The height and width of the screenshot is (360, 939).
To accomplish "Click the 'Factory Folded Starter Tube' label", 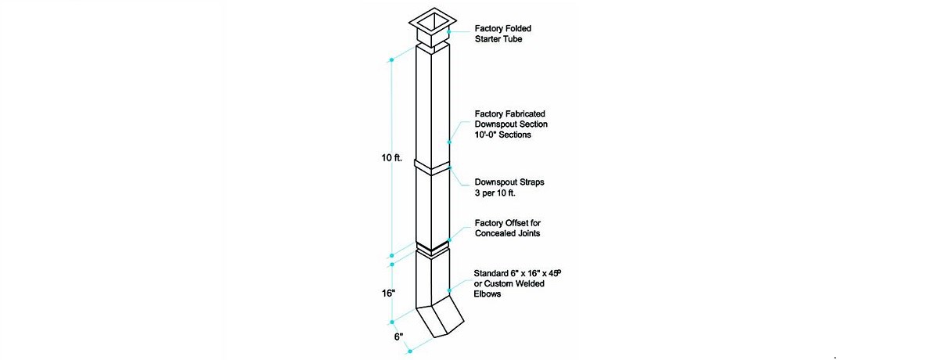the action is click(502, 34).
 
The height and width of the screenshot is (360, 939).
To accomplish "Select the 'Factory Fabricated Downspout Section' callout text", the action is click(511, 119).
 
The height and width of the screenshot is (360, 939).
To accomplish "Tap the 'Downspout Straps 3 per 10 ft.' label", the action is click(509, 187).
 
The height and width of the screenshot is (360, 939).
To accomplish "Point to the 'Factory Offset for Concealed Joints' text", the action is click(508, 228).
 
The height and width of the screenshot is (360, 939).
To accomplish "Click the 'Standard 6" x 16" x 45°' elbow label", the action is click(517, 273).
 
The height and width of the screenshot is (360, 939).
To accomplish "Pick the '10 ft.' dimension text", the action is click(391, 158).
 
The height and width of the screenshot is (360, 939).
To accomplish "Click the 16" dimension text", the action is click(388, 293).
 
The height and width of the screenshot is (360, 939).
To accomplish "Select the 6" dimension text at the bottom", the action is click(398, 337).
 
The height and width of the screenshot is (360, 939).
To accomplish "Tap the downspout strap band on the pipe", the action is click(432, 167).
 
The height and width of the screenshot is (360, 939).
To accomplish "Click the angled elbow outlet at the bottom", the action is click(440, 322).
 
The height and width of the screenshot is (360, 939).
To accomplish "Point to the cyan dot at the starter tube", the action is click(449, 32).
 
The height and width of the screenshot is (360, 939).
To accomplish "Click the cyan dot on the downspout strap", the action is click(450, 167).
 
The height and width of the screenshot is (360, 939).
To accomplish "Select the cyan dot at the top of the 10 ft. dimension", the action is click(391, 60).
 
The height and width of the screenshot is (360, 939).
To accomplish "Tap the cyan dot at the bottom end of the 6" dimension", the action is click(410, 351).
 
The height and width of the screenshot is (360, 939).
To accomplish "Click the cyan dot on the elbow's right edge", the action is click(449, 290).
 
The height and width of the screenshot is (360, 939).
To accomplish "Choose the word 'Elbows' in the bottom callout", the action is click(487, 293).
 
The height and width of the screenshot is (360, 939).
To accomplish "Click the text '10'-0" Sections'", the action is click(502, 135).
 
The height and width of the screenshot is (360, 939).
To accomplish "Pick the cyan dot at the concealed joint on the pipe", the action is click(449, 239).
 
